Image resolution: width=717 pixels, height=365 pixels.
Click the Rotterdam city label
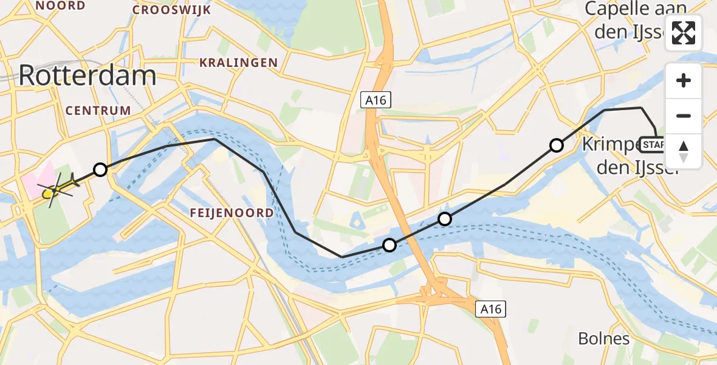87,76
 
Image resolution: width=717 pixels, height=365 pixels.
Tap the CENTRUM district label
98,111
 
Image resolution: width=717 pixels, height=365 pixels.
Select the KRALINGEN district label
239,63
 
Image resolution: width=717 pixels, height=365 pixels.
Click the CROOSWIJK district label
171,10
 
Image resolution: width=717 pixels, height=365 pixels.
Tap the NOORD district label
61,6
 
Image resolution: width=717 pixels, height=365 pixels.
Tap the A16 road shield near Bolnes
490,309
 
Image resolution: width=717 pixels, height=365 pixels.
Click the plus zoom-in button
684,80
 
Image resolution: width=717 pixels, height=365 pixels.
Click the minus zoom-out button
684,116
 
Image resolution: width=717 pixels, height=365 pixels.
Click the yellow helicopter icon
58,187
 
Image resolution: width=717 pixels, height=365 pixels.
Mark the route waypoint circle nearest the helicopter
100,170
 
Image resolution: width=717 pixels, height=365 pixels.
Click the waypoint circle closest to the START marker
556,145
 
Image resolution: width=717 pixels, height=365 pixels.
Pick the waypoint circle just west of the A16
389,245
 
